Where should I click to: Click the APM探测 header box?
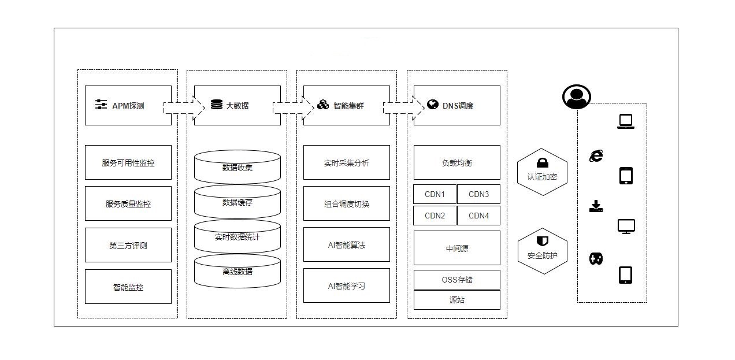click(128, 106)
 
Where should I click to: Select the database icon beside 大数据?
click(217, 105)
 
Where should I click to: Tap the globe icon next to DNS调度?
click(433, 105)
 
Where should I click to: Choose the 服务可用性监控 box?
click(128, 163)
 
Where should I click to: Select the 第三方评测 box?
click(128, 246)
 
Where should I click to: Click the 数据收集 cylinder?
click(237, 168)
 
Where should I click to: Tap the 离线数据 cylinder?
click(237, 272)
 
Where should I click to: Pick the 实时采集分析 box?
click(347, 163)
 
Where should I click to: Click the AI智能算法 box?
click(347, 245)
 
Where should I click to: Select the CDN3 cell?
click(478, 195)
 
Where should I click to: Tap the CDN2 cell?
click(435, 216)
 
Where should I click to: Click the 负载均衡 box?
click(457, 163)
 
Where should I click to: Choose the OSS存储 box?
click(457, 280)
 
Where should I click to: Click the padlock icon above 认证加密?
click(542, 163)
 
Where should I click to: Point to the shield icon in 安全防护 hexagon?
click(542, 241)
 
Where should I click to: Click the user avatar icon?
click(576, 97)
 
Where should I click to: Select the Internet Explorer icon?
click(596, 155)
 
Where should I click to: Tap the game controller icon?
click(596, 259)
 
